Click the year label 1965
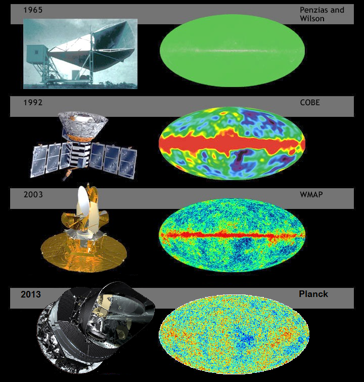tap(33, 10)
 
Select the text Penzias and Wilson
tap(322, 14)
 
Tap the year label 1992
tap(33, 102)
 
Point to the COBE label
tap(310, 102)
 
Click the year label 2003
tap(33, 195)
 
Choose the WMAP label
tap(311, 195)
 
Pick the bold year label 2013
tap(31, 294)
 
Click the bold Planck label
tap(313, 294)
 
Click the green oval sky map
tap(232, 51)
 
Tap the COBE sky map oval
tap(232, 143)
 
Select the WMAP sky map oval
tap(232, 235)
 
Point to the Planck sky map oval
tap(234, 334)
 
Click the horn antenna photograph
tap(80, 54)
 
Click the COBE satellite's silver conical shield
tap(83, 125)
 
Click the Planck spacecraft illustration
tap(96, 328)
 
